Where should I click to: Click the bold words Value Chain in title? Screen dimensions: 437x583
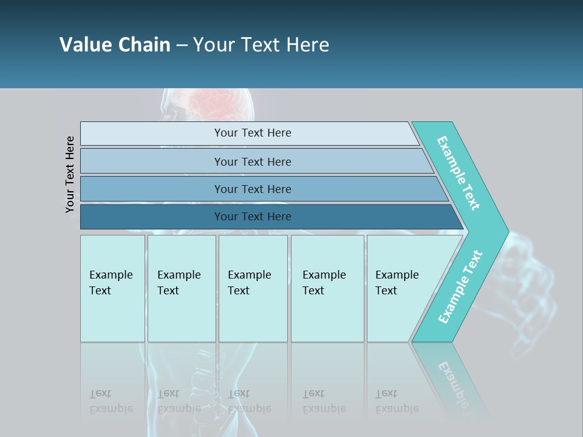(x=115, y=45)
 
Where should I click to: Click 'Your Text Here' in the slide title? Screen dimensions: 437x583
(x=261, y=45)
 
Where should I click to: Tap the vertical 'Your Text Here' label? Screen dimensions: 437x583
(x=70, y=174)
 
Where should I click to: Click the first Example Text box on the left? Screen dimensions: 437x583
(x=112, y=288)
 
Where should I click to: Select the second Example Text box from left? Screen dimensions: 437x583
(x=181, y=288)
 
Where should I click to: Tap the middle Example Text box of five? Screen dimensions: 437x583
(x=253, y=288)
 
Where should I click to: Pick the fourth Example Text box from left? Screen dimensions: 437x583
(x=327, y=288)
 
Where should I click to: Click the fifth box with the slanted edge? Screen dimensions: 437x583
(x=401, y=288)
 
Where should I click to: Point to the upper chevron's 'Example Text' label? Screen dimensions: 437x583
(x=459, y=173)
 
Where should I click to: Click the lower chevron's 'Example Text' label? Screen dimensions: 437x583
(x=460, y=287)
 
